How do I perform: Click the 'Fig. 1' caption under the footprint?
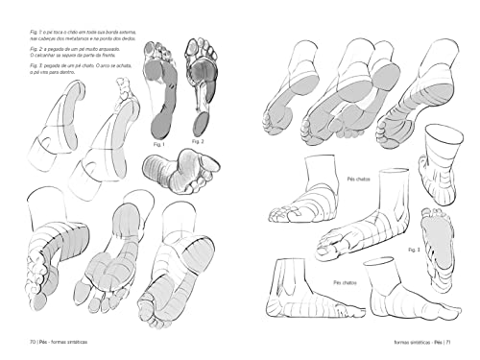[x=160, y=144]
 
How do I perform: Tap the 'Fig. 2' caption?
[x=200, y=140]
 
